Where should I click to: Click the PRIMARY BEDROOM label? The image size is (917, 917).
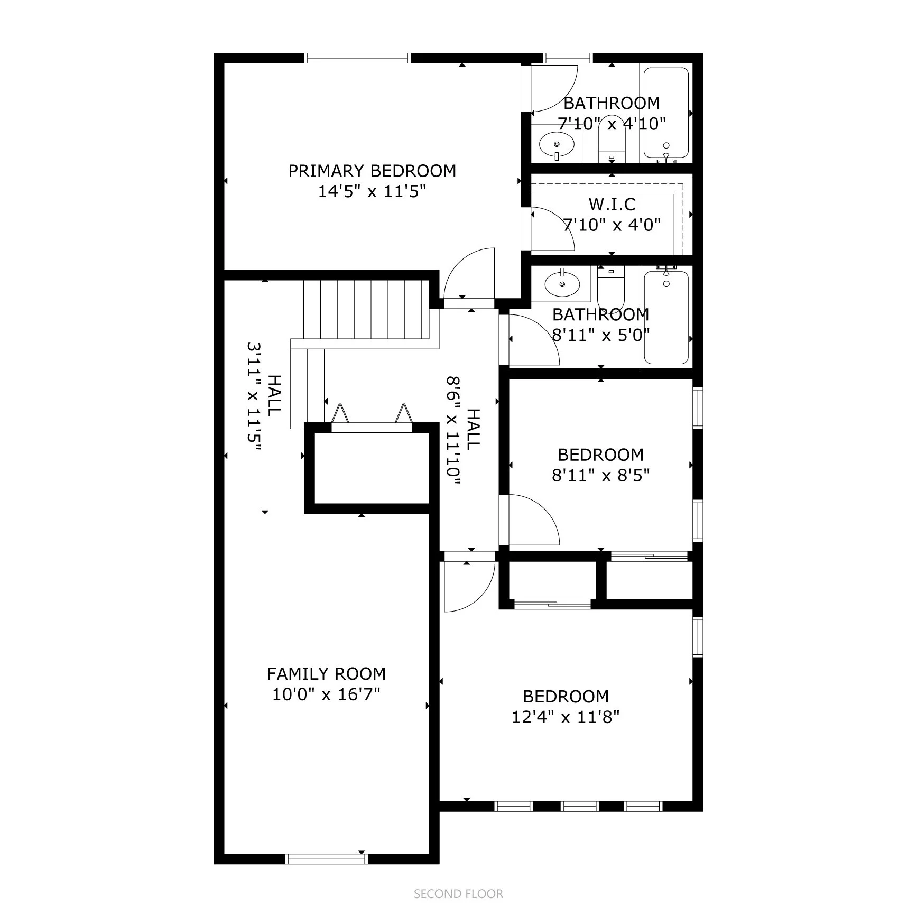click(x=372, y=171)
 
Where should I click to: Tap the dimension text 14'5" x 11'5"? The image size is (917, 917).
click(x=372, y=191)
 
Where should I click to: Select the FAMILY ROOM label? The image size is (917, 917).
click(x=326, y=673)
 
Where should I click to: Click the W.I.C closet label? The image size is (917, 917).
click(x=612, y=204)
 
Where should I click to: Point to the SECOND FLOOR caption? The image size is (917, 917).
click(x=458, y=894)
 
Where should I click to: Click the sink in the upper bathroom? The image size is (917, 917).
click(x=557, y=144)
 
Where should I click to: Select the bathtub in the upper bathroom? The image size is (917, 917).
click(x=666, y=113)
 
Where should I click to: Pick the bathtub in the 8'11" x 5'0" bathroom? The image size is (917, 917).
click(x=666, y=317)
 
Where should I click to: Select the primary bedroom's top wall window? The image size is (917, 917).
click(x=358, y=58)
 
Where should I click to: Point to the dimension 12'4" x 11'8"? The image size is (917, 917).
click(x=566, y=717)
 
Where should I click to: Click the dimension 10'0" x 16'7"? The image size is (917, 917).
click(x=326, y=694)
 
